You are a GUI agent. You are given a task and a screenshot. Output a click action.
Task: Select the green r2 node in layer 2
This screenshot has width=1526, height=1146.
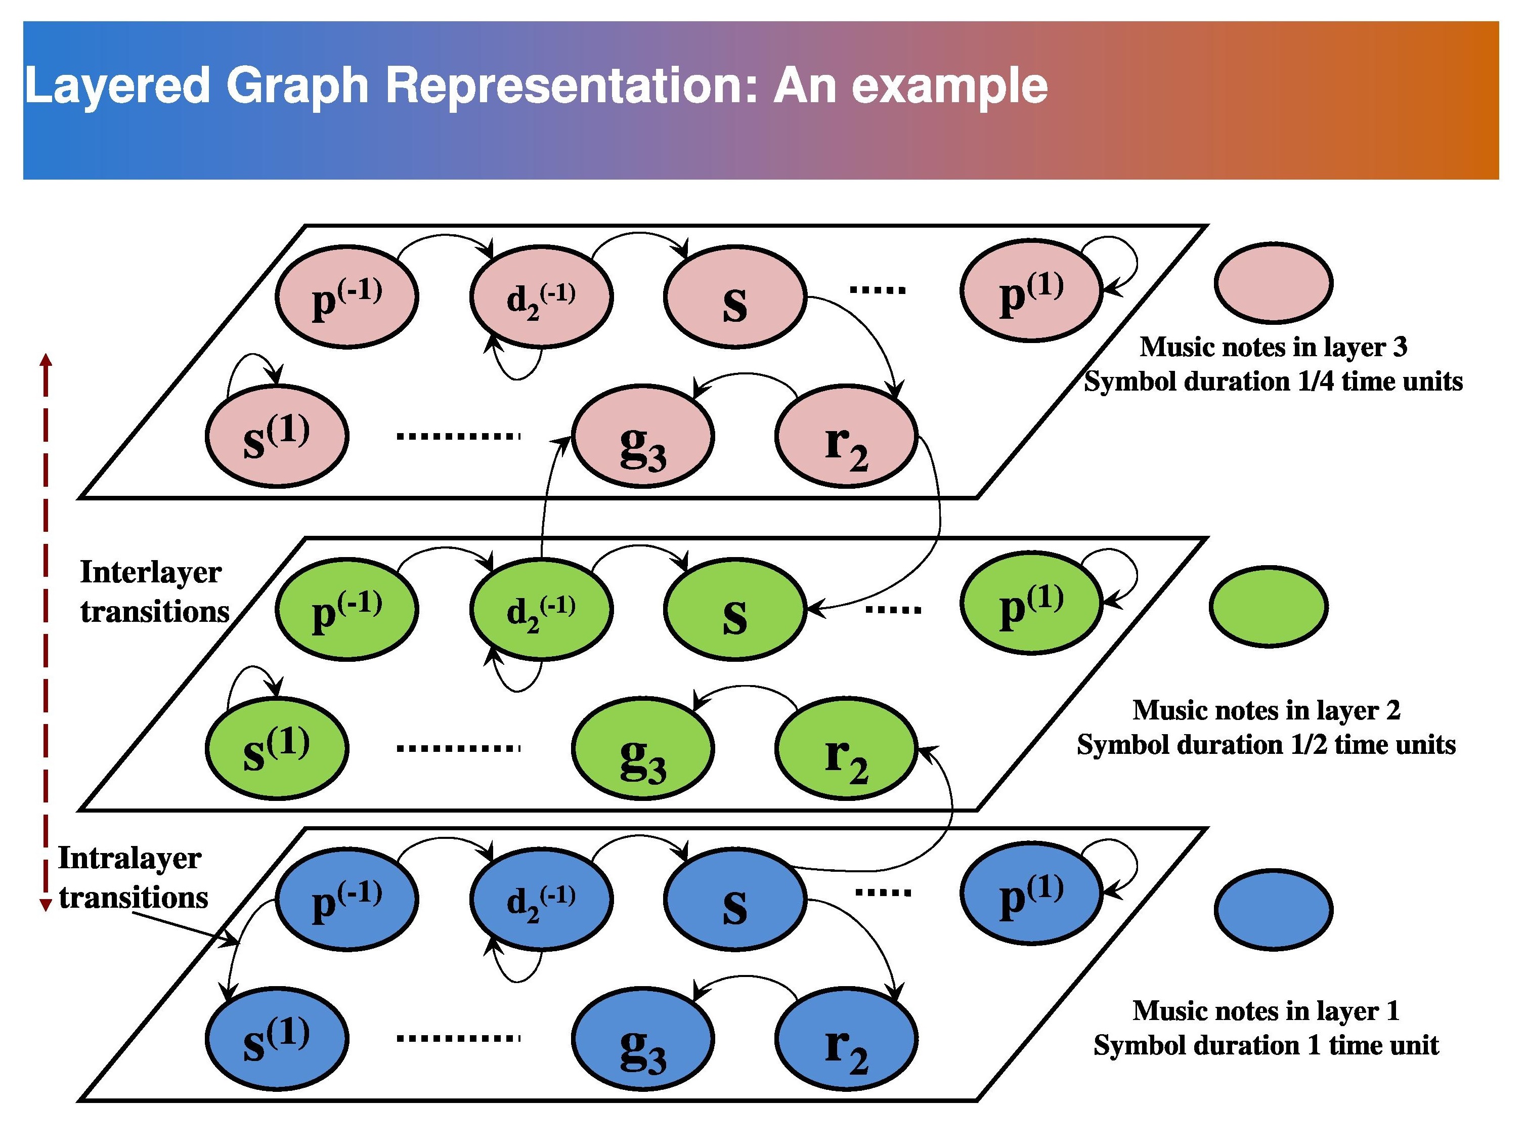(846, 749)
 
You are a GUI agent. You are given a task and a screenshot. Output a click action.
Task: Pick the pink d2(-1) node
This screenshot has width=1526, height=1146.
(541, 296)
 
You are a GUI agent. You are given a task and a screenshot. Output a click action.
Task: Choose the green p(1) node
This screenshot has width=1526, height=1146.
(1031, 602)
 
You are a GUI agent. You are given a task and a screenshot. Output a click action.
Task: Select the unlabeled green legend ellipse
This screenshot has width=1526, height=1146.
(1269, 607)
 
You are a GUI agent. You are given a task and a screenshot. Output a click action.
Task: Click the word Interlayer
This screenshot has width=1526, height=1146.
(150, 573)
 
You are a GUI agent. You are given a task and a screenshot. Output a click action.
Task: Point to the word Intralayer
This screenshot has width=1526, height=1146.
(129, 858)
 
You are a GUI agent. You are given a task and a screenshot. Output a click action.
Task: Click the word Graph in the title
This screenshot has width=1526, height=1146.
(296, 86)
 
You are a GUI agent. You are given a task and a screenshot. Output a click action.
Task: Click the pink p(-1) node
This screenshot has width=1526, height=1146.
(347, 296)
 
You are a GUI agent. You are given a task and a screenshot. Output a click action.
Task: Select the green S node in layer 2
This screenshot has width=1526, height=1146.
(735, 610)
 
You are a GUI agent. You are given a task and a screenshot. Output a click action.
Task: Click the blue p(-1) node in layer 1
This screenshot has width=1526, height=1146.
(347, 901)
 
